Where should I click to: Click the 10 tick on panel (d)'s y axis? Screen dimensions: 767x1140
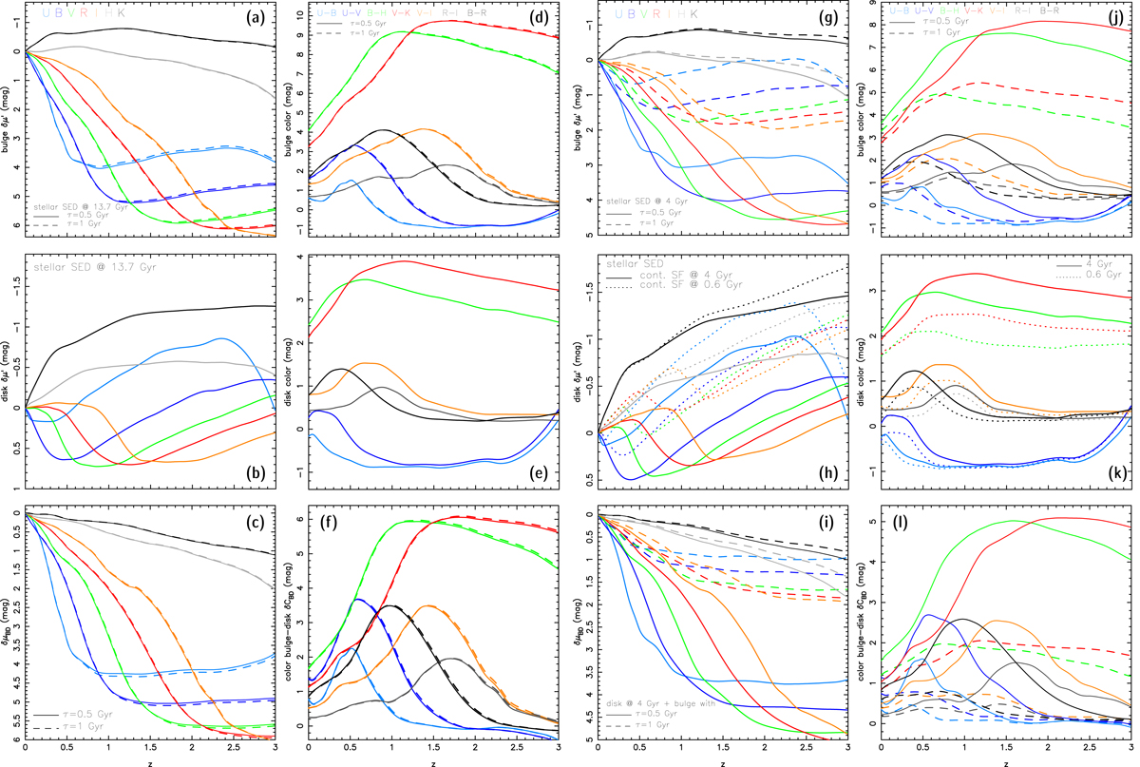click(x=301, y=15)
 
